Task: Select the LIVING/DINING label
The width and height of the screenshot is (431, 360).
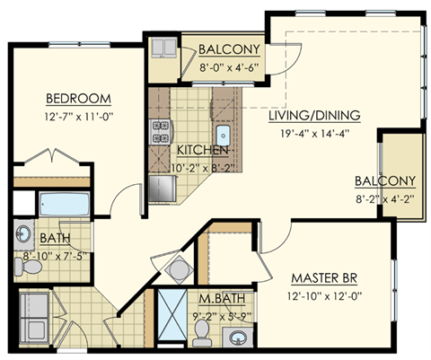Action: [314, 115]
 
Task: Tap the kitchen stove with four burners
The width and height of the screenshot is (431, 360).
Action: [163, 132]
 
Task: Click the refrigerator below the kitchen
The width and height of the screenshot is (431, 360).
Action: [163, 188]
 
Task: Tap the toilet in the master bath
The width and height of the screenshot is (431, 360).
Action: [204, 333]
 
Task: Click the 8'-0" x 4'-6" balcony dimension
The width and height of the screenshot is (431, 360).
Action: [230, 65]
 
